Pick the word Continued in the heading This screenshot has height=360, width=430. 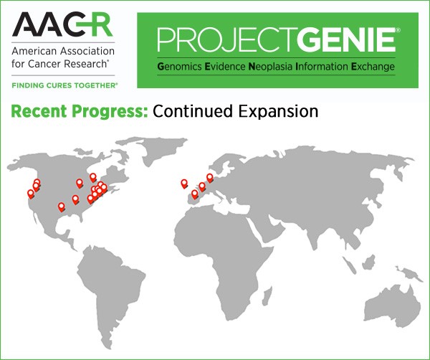189,112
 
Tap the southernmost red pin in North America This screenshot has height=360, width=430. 62,207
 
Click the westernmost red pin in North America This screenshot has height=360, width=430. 31,193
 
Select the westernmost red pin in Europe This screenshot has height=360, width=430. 184,183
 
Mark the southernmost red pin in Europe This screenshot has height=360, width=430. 194,194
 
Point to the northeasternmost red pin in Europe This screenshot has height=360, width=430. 210,177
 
